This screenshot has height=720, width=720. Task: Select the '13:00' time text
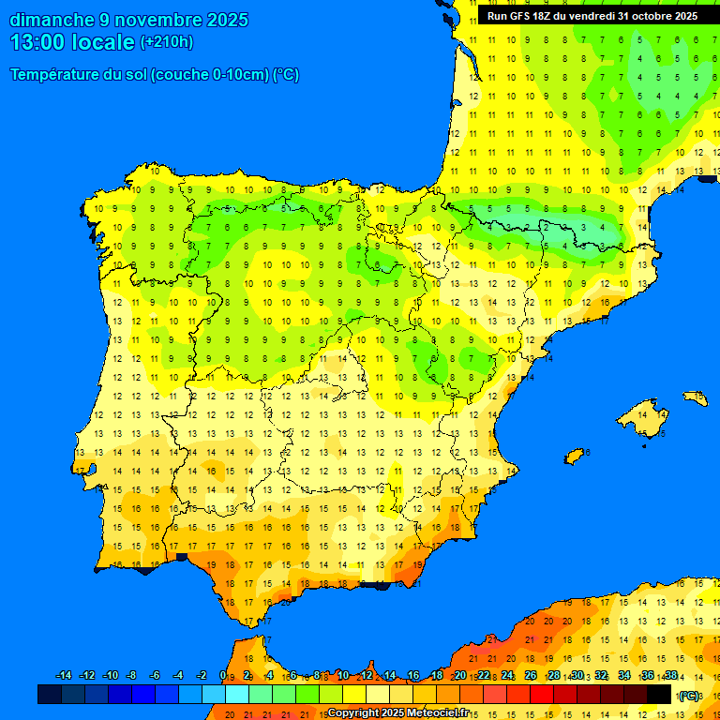(x=37, y=42)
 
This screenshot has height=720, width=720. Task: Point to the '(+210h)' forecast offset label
(x=166, y=42)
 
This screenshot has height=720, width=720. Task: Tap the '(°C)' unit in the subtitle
(x=285, y=75)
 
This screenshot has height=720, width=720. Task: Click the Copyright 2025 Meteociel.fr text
(x=397, y=712)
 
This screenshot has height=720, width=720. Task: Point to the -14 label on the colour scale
(x=64, y=676)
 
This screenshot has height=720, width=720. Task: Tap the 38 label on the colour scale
(x=670, y=676)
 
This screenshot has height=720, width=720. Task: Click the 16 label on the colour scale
(x=414, y=676)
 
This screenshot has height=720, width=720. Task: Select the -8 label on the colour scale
(x=132, y=676)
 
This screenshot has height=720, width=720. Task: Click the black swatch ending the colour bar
(x=659, y=694)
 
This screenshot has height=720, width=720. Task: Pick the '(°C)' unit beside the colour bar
(x=689, y=696)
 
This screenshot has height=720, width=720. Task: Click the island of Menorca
(x=695, y=397)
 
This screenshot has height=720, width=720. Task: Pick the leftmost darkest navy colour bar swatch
(x=50, y=694)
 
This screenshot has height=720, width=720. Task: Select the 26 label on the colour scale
(x=531, y=676)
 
